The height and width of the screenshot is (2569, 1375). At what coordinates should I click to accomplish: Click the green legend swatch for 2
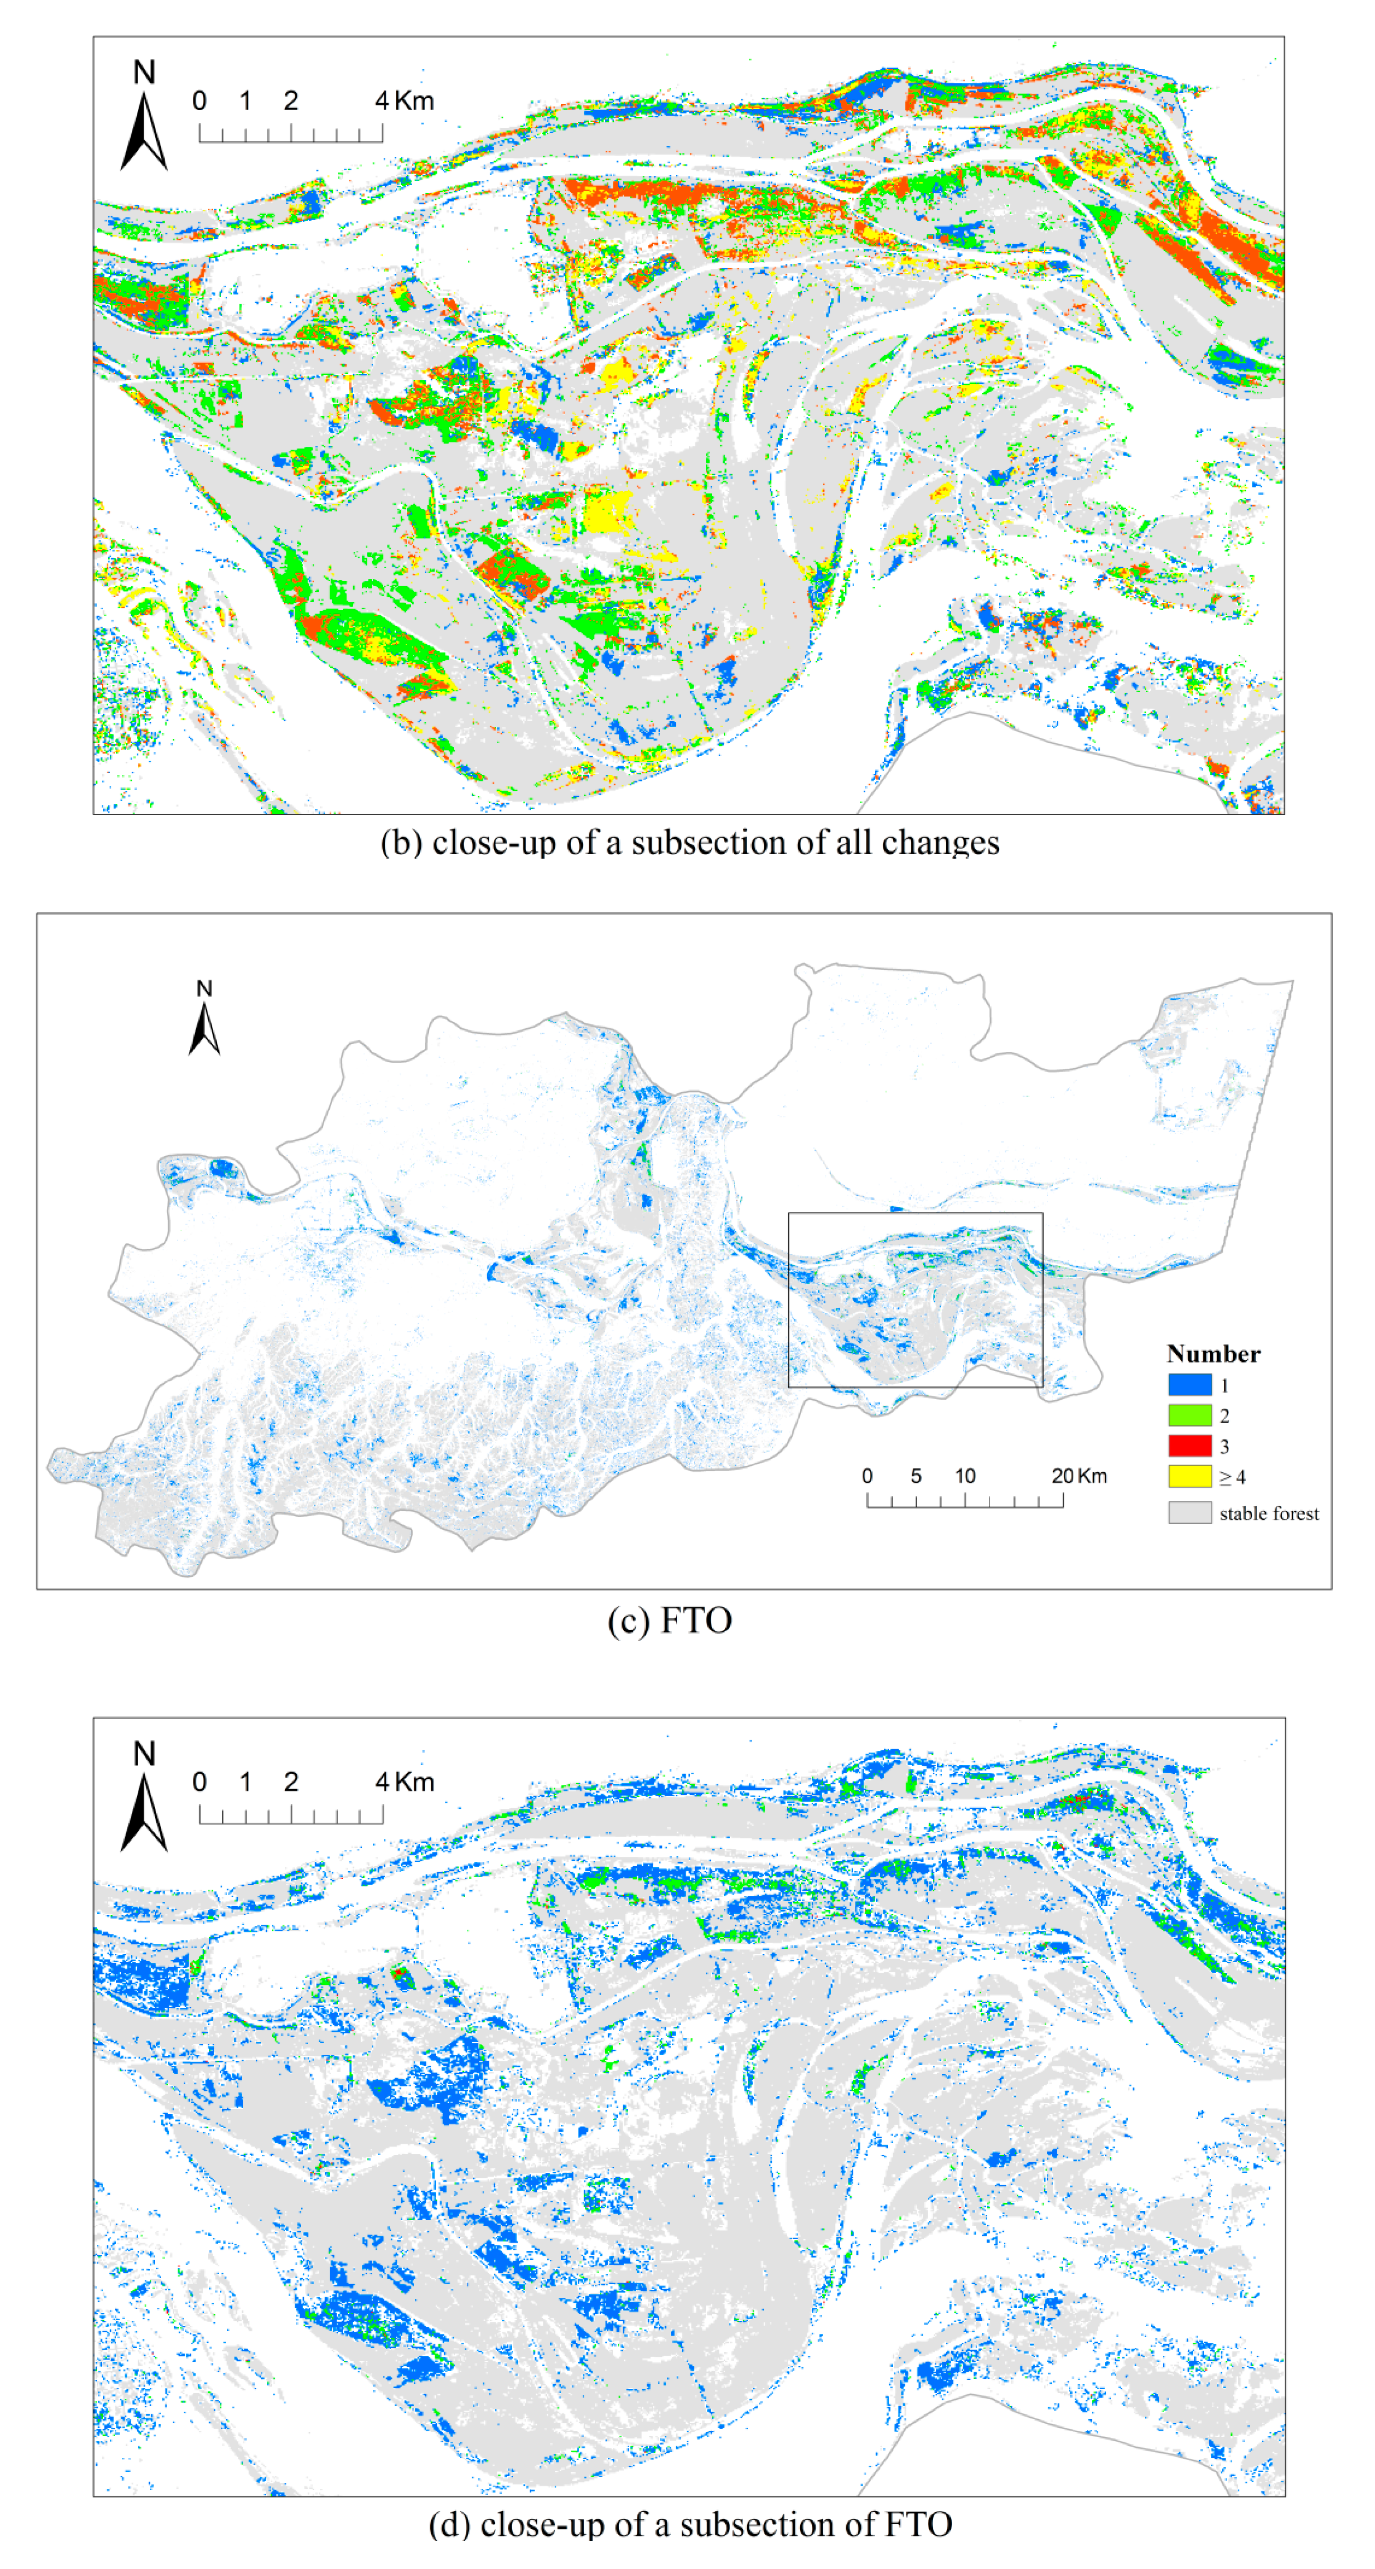[x=1189, y=1415]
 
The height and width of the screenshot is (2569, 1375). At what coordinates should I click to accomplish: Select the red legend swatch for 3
[x=1189, y=1446]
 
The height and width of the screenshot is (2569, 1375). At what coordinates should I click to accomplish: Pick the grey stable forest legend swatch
[x=1189, y=1513]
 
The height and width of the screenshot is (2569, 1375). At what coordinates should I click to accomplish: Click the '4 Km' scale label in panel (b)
[x=404, y=101]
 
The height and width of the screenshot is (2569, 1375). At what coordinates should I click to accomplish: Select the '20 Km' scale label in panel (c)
[x=1079, y=1476]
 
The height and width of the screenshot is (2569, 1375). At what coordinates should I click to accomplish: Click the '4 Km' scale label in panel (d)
[x=404, y=1782]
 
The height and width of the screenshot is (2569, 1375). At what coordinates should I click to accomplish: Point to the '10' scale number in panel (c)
[x=964, y=1476]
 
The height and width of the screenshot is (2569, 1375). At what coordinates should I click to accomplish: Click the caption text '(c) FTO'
[x=670, y=1621]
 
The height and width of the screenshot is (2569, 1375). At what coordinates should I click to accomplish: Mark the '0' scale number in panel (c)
[x=867, y=1476]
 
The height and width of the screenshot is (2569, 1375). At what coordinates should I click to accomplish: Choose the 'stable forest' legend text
[x=1268, y=1514]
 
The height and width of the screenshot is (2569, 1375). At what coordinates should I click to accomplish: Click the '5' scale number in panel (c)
[x=915, y=1476]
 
